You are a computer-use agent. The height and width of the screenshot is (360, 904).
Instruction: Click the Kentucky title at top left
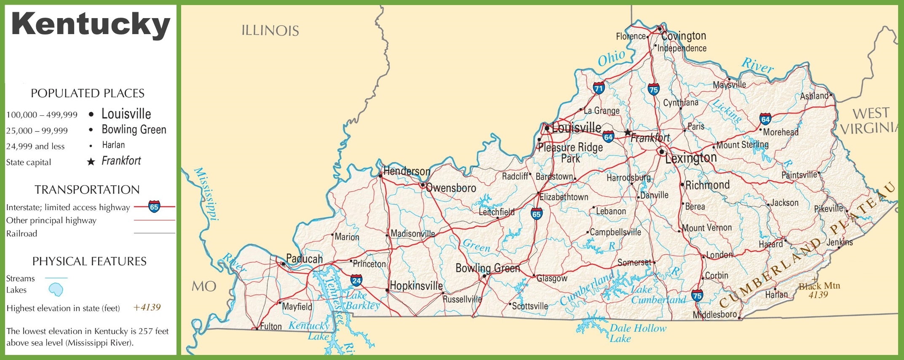pyautogui.click(x=91, y=24)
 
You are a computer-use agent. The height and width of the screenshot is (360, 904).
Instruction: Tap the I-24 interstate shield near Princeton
pyautogui.click(x=356, y=280)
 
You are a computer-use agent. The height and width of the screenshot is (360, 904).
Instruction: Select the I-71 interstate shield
pyautogui.click(x=599, y=88)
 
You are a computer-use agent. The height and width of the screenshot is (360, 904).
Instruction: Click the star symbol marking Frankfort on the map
pyautogui.click(x=628, y=133)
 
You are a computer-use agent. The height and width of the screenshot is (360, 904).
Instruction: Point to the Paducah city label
pyautogui.click(x=304, y=259)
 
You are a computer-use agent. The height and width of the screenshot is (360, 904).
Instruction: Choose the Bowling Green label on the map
pyautogui.click(x=487, y=268)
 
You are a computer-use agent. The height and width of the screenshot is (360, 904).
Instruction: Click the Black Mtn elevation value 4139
pyautogui.click(x=818, y=295)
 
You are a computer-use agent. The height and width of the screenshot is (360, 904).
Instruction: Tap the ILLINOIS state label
pyautogui.click(x=270, y=31)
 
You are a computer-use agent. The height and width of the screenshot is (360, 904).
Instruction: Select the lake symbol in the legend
pyautogui.click(x=56, y=290)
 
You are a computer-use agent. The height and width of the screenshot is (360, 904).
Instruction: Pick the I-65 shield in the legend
pyautogui.click(x=154, y=207)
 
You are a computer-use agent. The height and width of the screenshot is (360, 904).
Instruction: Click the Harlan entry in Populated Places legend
pyautogui.click(x=113, y=145)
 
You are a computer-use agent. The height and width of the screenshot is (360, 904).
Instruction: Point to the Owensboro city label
pyautogui.click(x=451, y=188)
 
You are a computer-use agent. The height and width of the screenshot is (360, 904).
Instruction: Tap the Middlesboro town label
pyautogui.click(x=714, y=315)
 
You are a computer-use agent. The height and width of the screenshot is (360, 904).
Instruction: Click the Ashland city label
pyautogui.click(x=814, y=96)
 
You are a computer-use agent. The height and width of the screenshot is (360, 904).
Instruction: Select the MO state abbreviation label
pyautogui.click(x=204, y=287)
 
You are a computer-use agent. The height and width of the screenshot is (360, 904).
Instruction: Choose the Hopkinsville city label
pyautogui.click(x=416, y=286)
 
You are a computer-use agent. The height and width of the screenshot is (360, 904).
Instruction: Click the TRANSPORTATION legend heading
pyautogui.click(x=87, y=189)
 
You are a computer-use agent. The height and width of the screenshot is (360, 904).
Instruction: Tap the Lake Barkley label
pyautogui.click(x=362, y=300)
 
